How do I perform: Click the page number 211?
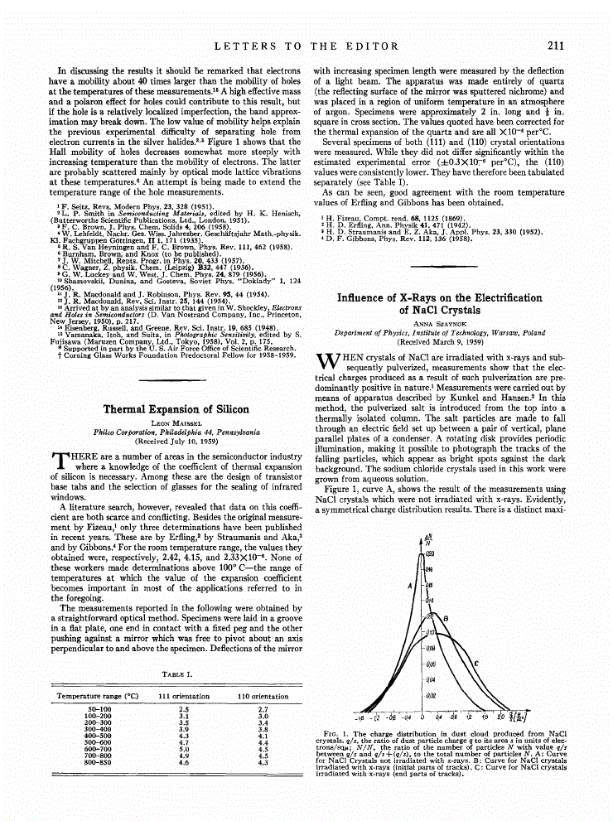click(555, 46)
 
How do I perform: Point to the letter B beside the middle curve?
click(446, 619)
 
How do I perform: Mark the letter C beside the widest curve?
click(475, 664)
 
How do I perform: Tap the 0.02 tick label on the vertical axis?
click(430, 696)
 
